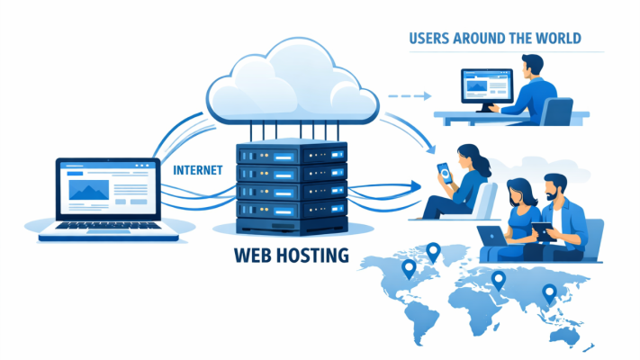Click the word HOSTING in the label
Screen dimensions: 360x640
tap(309, 255)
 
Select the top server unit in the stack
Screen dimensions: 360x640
tap(289, 154)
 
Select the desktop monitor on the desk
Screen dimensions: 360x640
tap(486, 88)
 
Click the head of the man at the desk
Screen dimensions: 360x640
tap(532, 67)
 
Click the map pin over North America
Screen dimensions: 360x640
tap(408, 268)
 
